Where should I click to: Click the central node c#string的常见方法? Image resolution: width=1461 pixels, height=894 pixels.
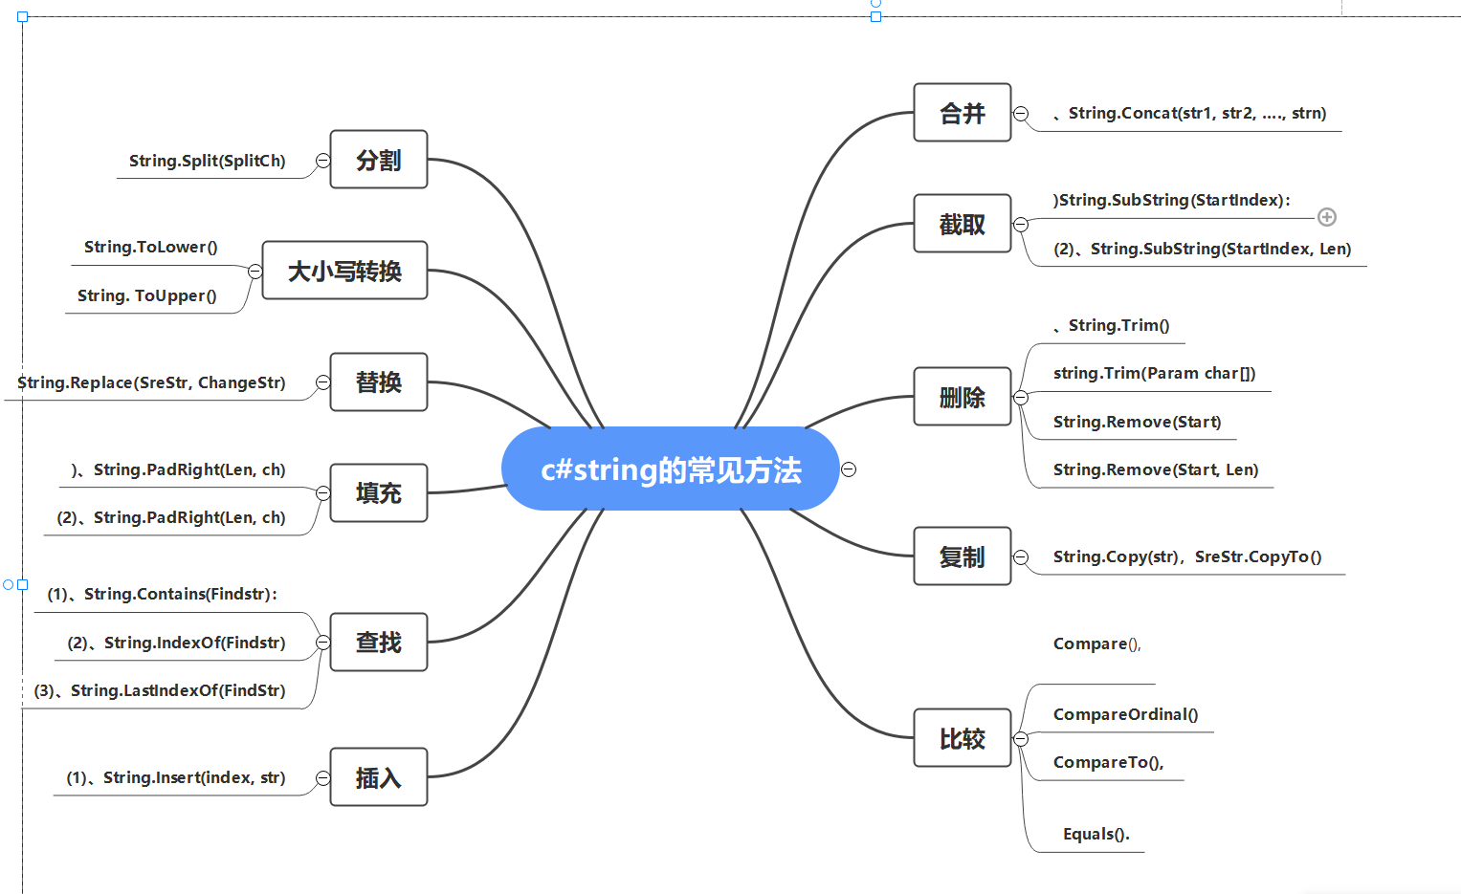[670, 469]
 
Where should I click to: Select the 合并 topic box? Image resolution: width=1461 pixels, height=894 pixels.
[962, 113]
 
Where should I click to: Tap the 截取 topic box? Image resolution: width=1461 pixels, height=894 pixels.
[962, 224]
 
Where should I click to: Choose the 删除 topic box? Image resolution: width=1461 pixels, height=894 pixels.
[962, 397]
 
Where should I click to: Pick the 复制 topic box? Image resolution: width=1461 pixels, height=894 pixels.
[962, 556]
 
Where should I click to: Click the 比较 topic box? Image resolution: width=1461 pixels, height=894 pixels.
[962, 738]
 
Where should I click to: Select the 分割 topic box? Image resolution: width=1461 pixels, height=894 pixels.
[378, 160]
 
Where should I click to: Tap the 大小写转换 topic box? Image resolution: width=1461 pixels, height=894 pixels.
[344, 271]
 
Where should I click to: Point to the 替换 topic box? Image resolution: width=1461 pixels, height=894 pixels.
[378, 382]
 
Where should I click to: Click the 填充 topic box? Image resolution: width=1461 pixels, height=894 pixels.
[378, 493]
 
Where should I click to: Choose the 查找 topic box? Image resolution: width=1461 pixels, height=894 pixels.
[378, 643]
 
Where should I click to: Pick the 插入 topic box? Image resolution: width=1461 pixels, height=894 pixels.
[378, 777]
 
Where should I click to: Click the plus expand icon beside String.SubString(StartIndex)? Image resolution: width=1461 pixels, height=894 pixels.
[1327, 217]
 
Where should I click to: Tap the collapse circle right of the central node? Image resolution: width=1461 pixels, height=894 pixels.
[849, 469]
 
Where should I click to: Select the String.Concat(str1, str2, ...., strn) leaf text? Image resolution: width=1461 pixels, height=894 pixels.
[1196, 113]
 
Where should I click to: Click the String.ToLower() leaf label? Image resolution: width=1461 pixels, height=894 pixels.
[151, 247]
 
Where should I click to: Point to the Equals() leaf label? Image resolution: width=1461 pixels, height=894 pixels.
[1096, 834]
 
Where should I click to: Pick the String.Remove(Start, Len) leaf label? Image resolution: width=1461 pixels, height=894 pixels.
[1156, 469]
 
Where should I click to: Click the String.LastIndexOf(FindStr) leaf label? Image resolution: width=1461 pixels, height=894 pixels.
[177, 690]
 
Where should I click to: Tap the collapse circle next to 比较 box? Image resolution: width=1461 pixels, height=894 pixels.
[1021, 739]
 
